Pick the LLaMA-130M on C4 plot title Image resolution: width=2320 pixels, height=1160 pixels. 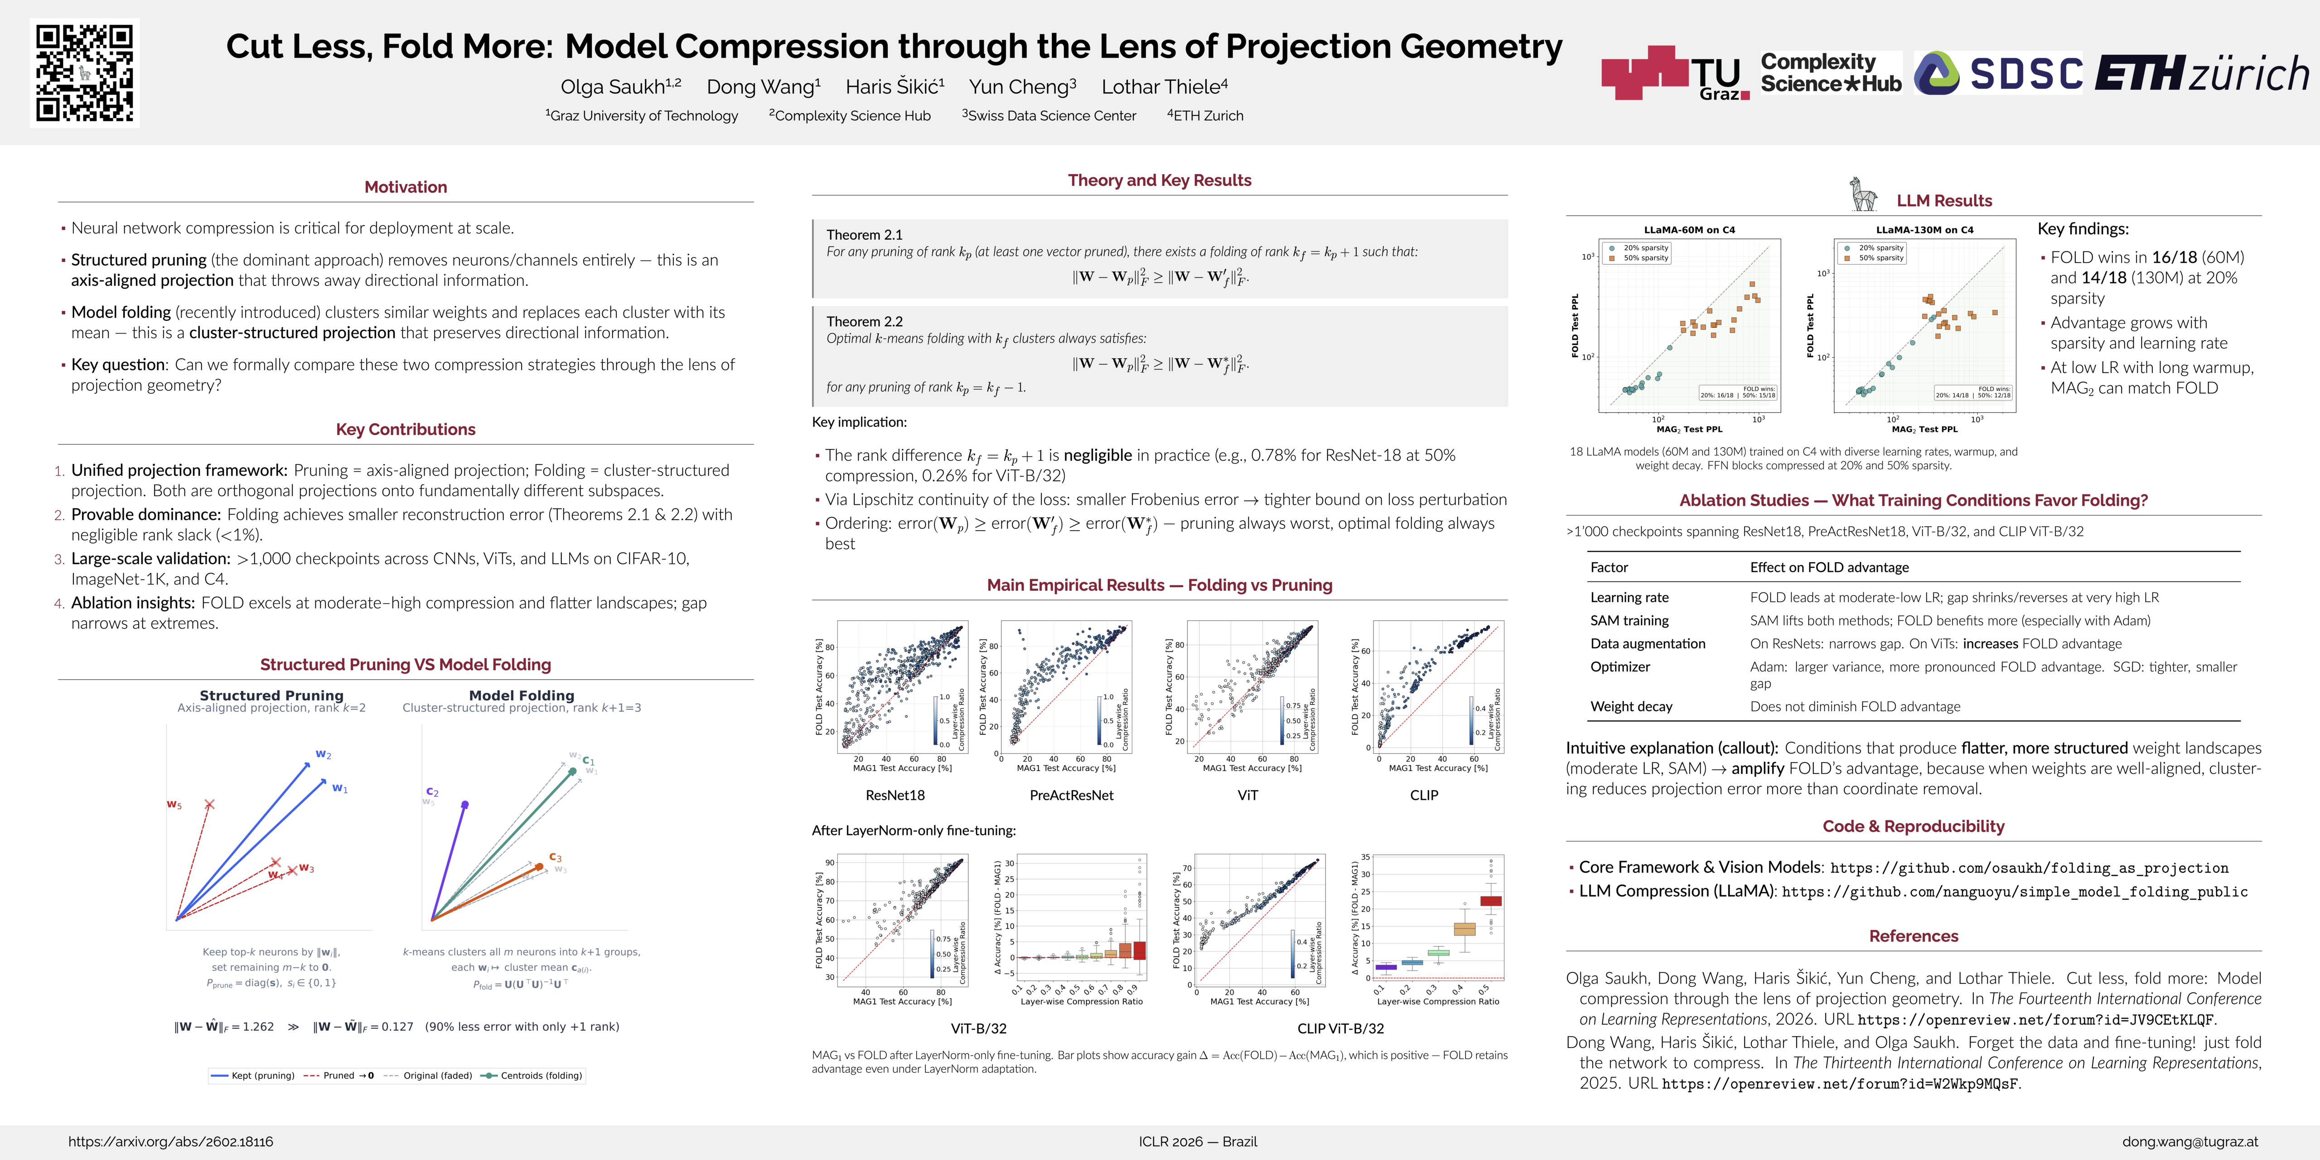1924,230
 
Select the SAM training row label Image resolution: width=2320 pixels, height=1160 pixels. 1629,620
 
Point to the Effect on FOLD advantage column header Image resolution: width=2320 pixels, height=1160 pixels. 1829,567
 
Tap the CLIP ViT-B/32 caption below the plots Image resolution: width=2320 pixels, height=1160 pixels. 1340,1029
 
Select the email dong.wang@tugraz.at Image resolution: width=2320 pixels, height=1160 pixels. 2189,1142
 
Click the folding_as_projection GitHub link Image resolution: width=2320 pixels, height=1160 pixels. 2029,868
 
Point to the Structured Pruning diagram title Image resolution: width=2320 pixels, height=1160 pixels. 271,695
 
